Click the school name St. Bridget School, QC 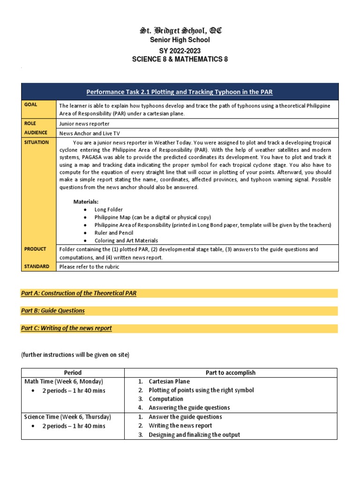(x=180, y=31)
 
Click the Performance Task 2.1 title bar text (x=180, y=92)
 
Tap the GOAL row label (x=31, y=105)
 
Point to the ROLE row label (x=31, y=123)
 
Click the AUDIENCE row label (x=36, y=133)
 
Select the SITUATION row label (x=37, y=142)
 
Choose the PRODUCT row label (x=35, y=249)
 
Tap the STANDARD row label (x=37, y=266)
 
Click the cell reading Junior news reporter (x=84, y=124)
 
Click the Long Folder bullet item (x=109, y=210)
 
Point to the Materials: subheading (x=86, y=202)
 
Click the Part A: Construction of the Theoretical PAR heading (x=79, y=293)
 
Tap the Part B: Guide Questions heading (x=53, y=310)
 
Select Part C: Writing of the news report (x=67, y=328)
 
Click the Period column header (x=73, y=373)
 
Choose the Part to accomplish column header (x=231, y=373)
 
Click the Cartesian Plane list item (x=166, y=382)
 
